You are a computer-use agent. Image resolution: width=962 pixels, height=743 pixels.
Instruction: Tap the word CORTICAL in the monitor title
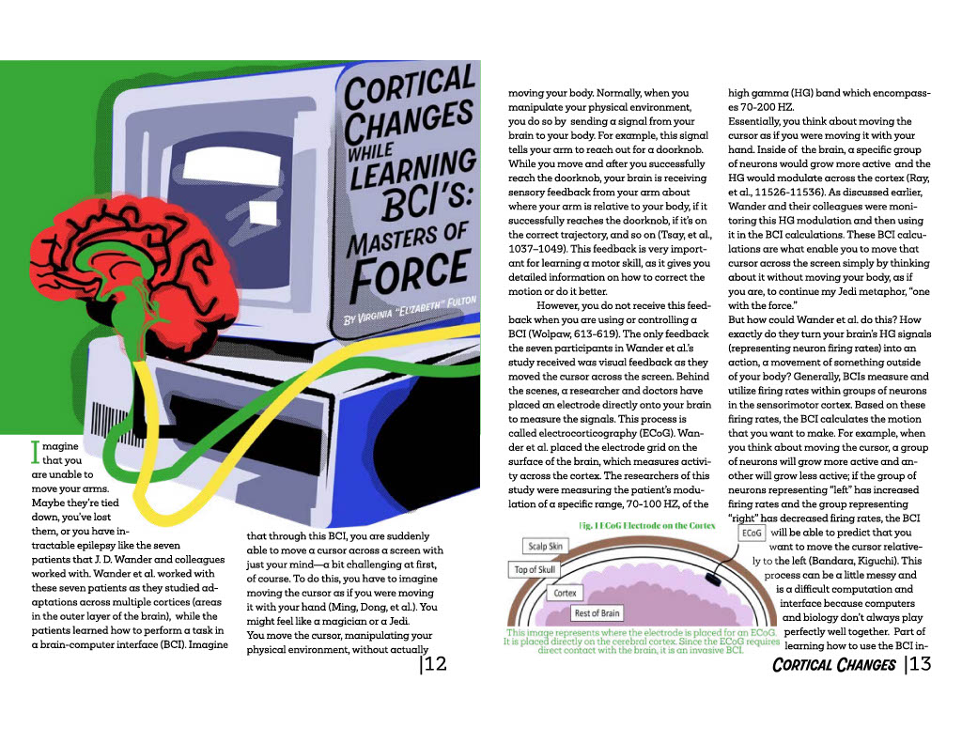tap(410, 85)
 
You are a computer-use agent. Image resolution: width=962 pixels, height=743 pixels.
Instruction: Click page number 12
tap(433, 665)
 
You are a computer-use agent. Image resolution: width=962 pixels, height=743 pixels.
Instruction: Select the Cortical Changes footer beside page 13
tap(833, 665)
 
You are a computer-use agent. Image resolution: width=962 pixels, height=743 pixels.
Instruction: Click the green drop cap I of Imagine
tap(37, 453)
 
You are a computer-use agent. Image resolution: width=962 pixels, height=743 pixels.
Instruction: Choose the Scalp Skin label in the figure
tap(545, 546)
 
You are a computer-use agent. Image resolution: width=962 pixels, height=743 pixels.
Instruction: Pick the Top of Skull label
tap(535, 570)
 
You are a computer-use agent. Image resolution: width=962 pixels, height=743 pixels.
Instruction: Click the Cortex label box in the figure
tap(566, 593)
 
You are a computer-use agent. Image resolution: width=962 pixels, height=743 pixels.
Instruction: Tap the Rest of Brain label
tap(597, 613)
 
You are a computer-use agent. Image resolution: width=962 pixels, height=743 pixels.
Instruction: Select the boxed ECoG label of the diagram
tap(753, 533)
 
